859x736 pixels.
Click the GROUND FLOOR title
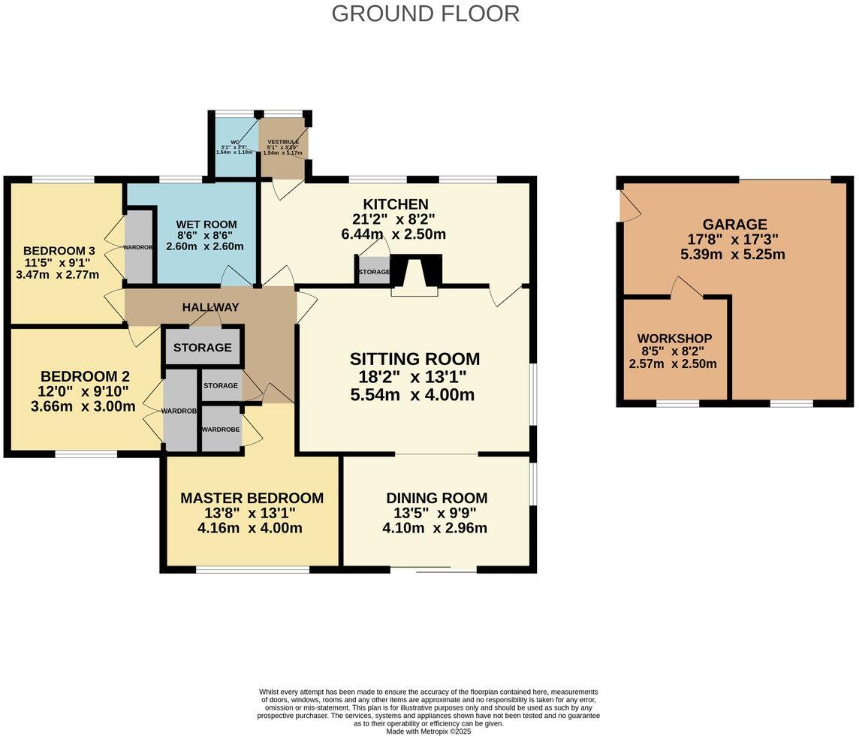[425, 14]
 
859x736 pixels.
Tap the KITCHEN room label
[395, 204]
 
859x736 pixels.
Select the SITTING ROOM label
[414, 359]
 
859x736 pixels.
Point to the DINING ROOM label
[436, 498]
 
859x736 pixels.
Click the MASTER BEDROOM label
[252, 498]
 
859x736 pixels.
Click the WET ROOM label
[206, 224]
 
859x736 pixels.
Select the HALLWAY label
[210, 307]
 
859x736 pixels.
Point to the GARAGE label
[734, 224]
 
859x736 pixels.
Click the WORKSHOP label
[674, 339]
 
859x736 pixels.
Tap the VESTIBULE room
[283, 147]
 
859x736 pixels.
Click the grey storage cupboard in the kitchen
[374, 271]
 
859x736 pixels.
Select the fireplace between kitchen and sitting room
[414, 275]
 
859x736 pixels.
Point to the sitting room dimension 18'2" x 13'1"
[414, 377]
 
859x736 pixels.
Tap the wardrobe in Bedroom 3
[138, 247]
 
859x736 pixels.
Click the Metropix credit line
[428, 731]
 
